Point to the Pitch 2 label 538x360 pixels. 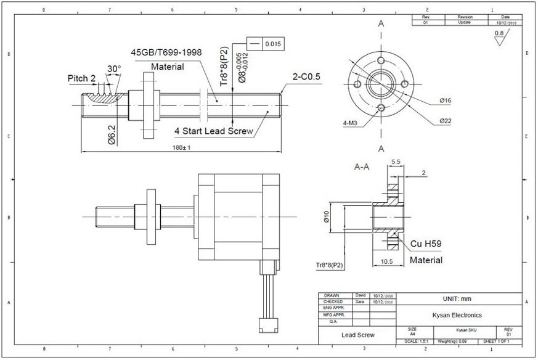pos(82,79)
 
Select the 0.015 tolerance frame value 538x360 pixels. pos(272,44)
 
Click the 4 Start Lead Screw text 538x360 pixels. pos(214,131)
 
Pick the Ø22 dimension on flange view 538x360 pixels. pos(446,121)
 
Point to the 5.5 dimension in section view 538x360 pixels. pos(395,162)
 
